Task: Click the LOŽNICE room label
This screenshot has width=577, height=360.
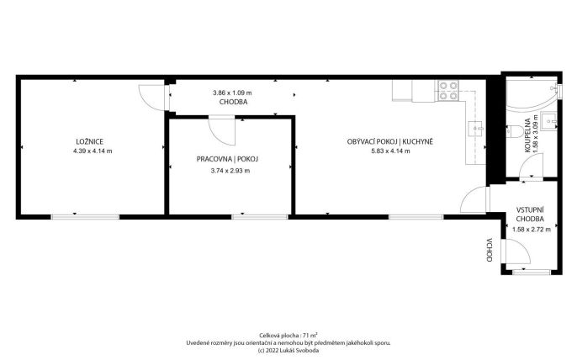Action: [89, 141]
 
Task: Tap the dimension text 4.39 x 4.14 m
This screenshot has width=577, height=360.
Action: [93, 151]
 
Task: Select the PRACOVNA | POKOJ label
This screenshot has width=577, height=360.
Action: [227, 159]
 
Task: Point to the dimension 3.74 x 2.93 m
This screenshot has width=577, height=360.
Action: [230, 171]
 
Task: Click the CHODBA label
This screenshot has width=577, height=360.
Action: [233, 102]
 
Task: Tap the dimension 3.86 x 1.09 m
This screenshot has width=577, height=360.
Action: [232, 93]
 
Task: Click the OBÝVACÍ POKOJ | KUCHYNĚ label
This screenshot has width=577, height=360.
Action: [390, 141]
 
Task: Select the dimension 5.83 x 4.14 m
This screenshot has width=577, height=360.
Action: [390, 151]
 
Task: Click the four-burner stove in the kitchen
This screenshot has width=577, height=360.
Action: [448, 91]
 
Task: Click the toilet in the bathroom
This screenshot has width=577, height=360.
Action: [513, 131]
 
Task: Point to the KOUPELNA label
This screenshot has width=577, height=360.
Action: [527, 135]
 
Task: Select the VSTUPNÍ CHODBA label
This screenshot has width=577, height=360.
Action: [530, 214]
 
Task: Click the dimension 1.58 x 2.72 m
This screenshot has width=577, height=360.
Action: [532, 230]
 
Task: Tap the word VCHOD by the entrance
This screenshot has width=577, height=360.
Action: [489, 250]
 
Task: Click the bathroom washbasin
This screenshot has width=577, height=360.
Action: [551, 120]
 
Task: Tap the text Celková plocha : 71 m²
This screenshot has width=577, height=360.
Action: [288, 336]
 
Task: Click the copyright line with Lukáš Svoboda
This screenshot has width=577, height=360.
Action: [288, 351]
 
